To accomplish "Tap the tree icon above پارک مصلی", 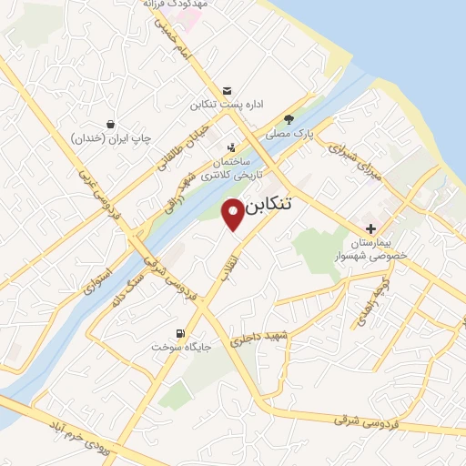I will (x=289, y=118).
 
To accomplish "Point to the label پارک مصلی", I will (x=289, y=133).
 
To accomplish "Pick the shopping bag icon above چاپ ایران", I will (x=110, y=123).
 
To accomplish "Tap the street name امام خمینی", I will (x=174, y=37).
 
